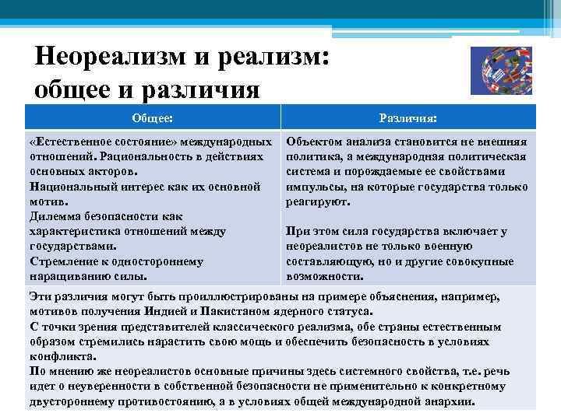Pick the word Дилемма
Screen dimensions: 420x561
pos(55,216)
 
